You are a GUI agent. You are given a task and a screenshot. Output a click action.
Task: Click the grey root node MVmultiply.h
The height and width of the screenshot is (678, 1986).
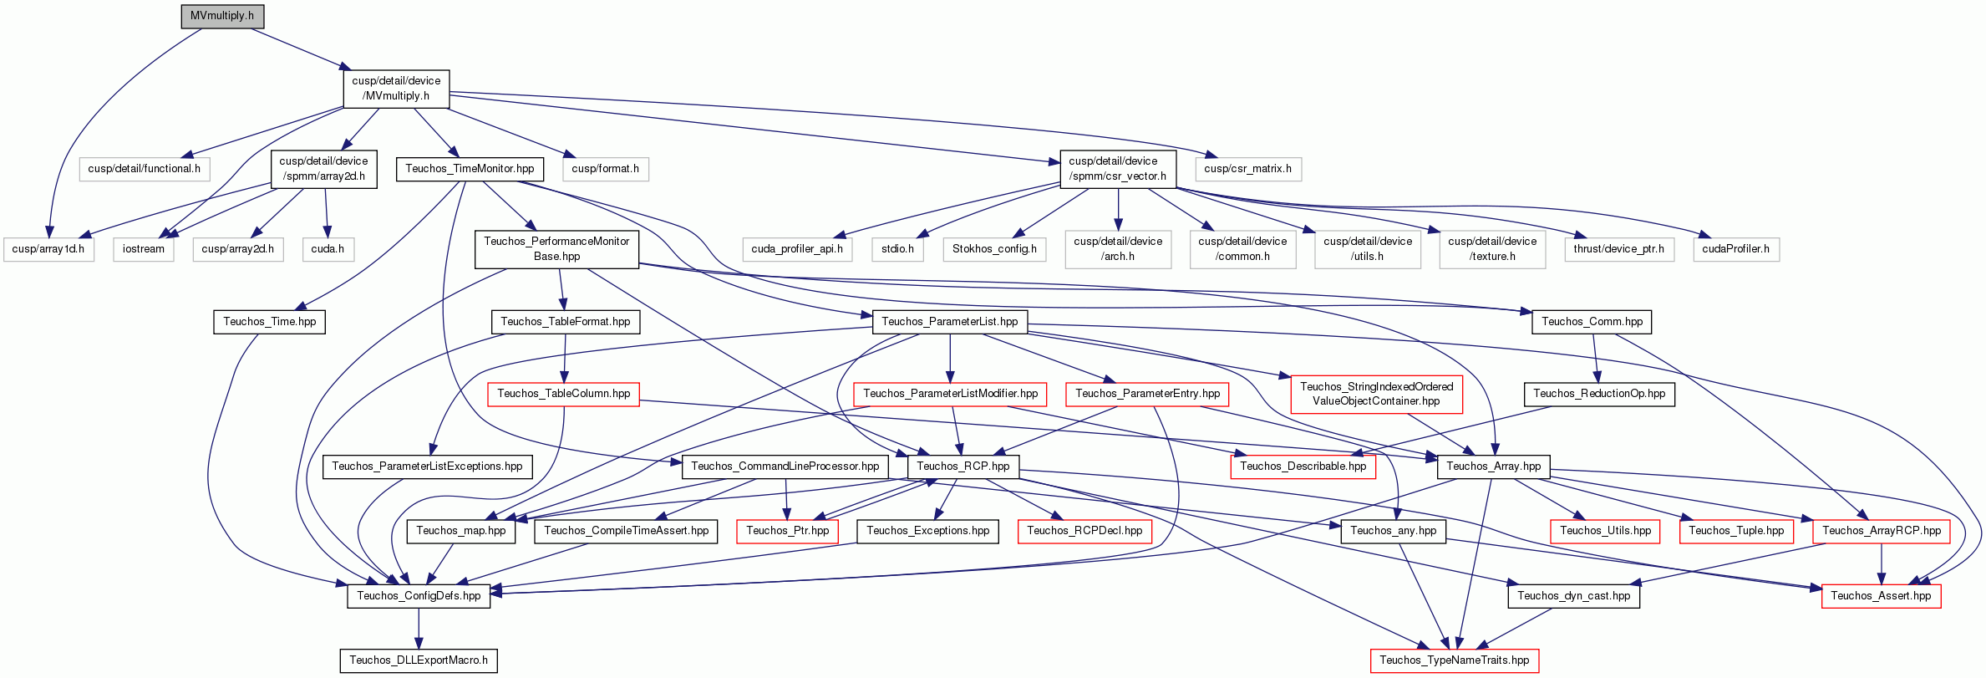tap(222, 16)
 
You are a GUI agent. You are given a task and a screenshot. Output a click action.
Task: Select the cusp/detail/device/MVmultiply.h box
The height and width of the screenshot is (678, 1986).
tap(396, 89)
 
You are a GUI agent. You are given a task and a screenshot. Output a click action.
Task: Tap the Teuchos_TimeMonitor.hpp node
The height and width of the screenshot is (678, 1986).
tap(470, 169)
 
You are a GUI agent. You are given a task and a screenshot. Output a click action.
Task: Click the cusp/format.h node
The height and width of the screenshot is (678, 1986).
tap(605, 169)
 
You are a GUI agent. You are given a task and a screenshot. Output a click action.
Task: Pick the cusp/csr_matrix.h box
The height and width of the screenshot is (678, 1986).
tap(1247, 169)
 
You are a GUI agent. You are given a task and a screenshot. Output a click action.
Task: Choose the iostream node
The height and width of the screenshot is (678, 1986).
tap(144, 249)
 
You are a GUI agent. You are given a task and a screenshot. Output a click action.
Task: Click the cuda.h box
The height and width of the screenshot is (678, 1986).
tap(328, 249)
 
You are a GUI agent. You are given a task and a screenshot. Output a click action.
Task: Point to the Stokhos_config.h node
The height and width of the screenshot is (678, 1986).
tap(994, 249)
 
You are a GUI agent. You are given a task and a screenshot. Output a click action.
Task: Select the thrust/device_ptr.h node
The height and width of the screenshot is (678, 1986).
tap(1618, 249)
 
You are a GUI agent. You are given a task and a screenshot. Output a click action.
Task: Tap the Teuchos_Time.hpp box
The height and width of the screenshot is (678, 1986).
tap(269, 322)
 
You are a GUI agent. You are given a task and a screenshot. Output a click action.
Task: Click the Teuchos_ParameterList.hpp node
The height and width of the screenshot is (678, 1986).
tap(949, 322)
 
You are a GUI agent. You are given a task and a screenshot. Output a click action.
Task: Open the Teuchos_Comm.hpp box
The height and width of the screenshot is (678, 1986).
tap(1592, 322)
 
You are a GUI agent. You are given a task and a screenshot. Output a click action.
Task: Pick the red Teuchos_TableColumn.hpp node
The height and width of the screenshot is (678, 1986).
tap(563, 394)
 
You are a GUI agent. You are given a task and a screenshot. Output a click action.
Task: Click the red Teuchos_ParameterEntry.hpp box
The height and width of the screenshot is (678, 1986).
tap(1147, 394)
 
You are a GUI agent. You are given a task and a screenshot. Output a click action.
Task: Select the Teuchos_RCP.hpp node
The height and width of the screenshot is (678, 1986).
tap(963, 466)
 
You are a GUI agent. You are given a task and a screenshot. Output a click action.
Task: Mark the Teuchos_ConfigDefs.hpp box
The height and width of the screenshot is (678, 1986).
tap(419, 596)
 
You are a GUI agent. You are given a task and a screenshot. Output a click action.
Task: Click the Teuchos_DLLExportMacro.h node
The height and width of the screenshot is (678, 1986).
tap(419, 660)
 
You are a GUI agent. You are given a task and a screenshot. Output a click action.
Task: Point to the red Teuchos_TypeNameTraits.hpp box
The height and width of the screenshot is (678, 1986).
tap(1454, 660)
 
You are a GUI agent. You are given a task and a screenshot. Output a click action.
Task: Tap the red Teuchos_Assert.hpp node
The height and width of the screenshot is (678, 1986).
tap(1881, 596)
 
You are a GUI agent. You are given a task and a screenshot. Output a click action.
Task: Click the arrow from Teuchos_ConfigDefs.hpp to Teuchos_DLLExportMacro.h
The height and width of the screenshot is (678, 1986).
tap(419, 629)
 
